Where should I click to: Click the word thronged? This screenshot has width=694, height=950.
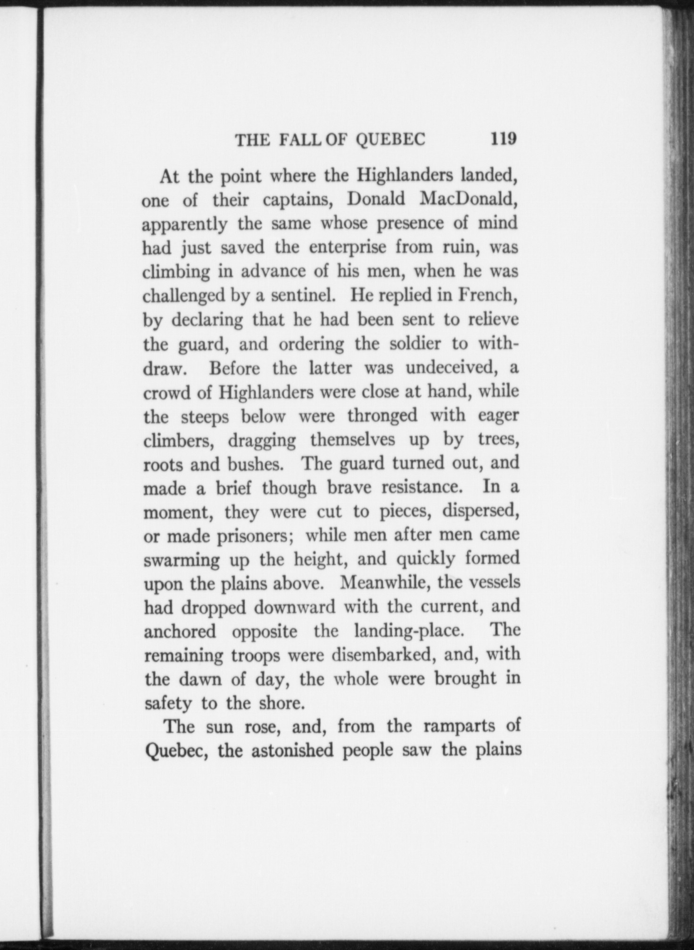pyautogui.click(x=382, y=416)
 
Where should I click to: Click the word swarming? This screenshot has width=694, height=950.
pyautogui.click(x=182, y=561)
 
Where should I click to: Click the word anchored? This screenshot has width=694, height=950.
pyautogui.click(x=180, y=631)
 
